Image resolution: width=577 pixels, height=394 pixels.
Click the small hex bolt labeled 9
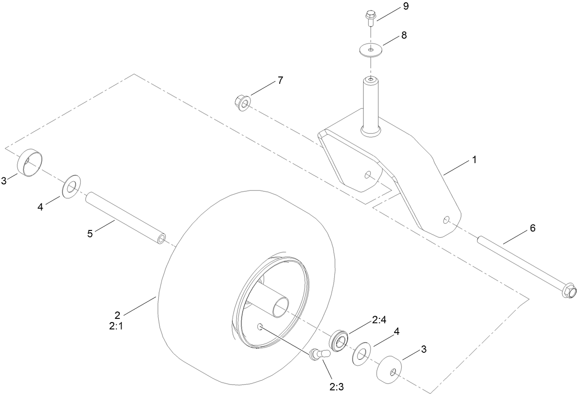pyautogui.click(x=369, y=18)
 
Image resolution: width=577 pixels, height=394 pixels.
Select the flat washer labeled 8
pyautogui.click(x=370, y=49)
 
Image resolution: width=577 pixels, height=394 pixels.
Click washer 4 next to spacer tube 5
pyautogui.click(x=71, y=186)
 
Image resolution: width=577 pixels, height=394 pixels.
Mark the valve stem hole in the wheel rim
pyautogui.click(x=260, y=326)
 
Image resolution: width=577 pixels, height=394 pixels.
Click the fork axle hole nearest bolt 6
pyautogui.click(x=446, y=220)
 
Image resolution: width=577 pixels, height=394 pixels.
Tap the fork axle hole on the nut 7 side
pyautogui.click(x=367, y=175)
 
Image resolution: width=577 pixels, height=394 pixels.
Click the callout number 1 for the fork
pyautogui.click(x=474, y=160)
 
